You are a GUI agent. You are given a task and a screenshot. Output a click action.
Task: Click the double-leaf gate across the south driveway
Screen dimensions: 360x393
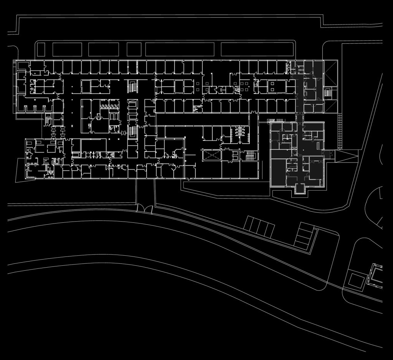point(145,209)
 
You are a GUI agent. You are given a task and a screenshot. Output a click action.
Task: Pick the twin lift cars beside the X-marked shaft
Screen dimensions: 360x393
point(234,155)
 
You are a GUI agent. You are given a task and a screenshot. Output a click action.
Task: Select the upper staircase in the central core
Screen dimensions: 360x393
point(132,86)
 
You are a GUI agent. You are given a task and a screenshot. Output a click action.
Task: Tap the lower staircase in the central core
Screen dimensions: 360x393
point(132,132)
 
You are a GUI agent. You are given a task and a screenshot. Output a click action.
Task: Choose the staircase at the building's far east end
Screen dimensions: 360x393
point(328,92)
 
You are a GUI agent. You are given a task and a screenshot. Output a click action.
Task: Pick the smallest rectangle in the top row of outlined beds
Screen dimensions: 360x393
point(134,49)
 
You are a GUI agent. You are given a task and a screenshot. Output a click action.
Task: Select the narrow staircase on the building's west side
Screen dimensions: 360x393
point(48,120)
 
